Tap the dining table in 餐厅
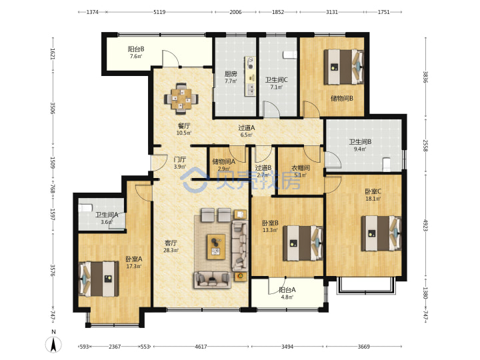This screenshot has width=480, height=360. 181,99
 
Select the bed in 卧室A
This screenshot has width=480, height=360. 99,279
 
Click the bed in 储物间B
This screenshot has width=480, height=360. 344,67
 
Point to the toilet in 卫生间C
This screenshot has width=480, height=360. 289,55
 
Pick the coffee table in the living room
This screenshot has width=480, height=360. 216,247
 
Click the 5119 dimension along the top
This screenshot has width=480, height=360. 159,12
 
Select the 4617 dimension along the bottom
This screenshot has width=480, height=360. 201,347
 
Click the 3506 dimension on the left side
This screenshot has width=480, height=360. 53,108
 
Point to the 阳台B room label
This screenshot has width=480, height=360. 136,49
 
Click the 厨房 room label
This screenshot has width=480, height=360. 231,74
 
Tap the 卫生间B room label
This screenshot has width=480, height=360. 360,142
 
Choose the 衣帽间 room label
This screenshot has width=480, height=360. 300,168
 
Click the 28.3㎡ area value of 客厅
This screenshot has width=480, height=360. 171,251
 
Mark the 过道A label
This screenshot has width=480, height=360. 247,128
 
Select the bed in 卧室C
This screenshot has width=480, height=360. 381,233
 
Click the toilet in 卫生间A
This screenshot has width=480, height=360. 85,208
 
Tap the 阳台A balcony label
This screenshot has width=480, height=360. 287,290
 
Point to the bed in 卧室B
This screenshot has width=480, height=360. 303,243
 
